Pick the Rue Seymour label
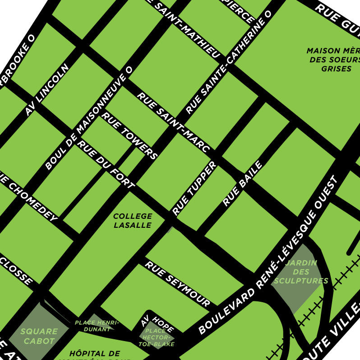[x=177, y=284]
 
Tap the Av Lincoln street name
[x=47, y=89]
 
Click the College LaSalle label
[x=132, y=221]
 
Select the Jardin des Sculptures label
[x=301, y=272]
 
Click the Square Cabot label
[x=39, y=336]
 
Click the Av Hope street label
[x=151, y=321]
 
